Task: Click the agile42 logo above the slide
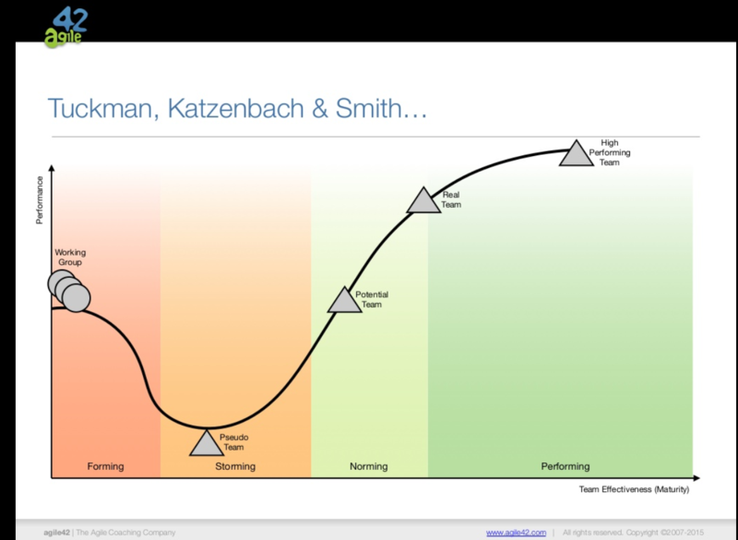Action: pos(66,28)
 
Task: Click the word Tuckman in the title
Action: pos(103,108)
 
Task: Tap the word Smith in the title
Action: pos(367,108)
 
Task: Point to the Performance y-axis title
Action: pos(40,200)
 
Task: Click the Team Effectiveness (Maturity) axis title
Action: pos(634,489)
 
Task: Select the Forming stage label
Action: pos(105,466)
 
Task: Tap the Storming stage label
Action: pos(235,466)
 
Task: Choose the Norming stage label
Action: pos(368,466)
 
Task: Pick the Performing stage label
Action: pos(565,466)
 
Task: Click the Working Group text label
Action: pos(70,258)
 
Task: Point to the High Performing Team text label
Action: pos(610,152)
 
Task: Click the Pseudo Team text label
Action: pos(234,442)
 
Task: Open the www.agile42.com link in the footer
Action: pos(516,533)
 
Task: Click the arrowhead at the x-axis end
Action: pos(696,478)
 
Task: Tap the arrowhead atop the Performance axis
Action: pos(52,168)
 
